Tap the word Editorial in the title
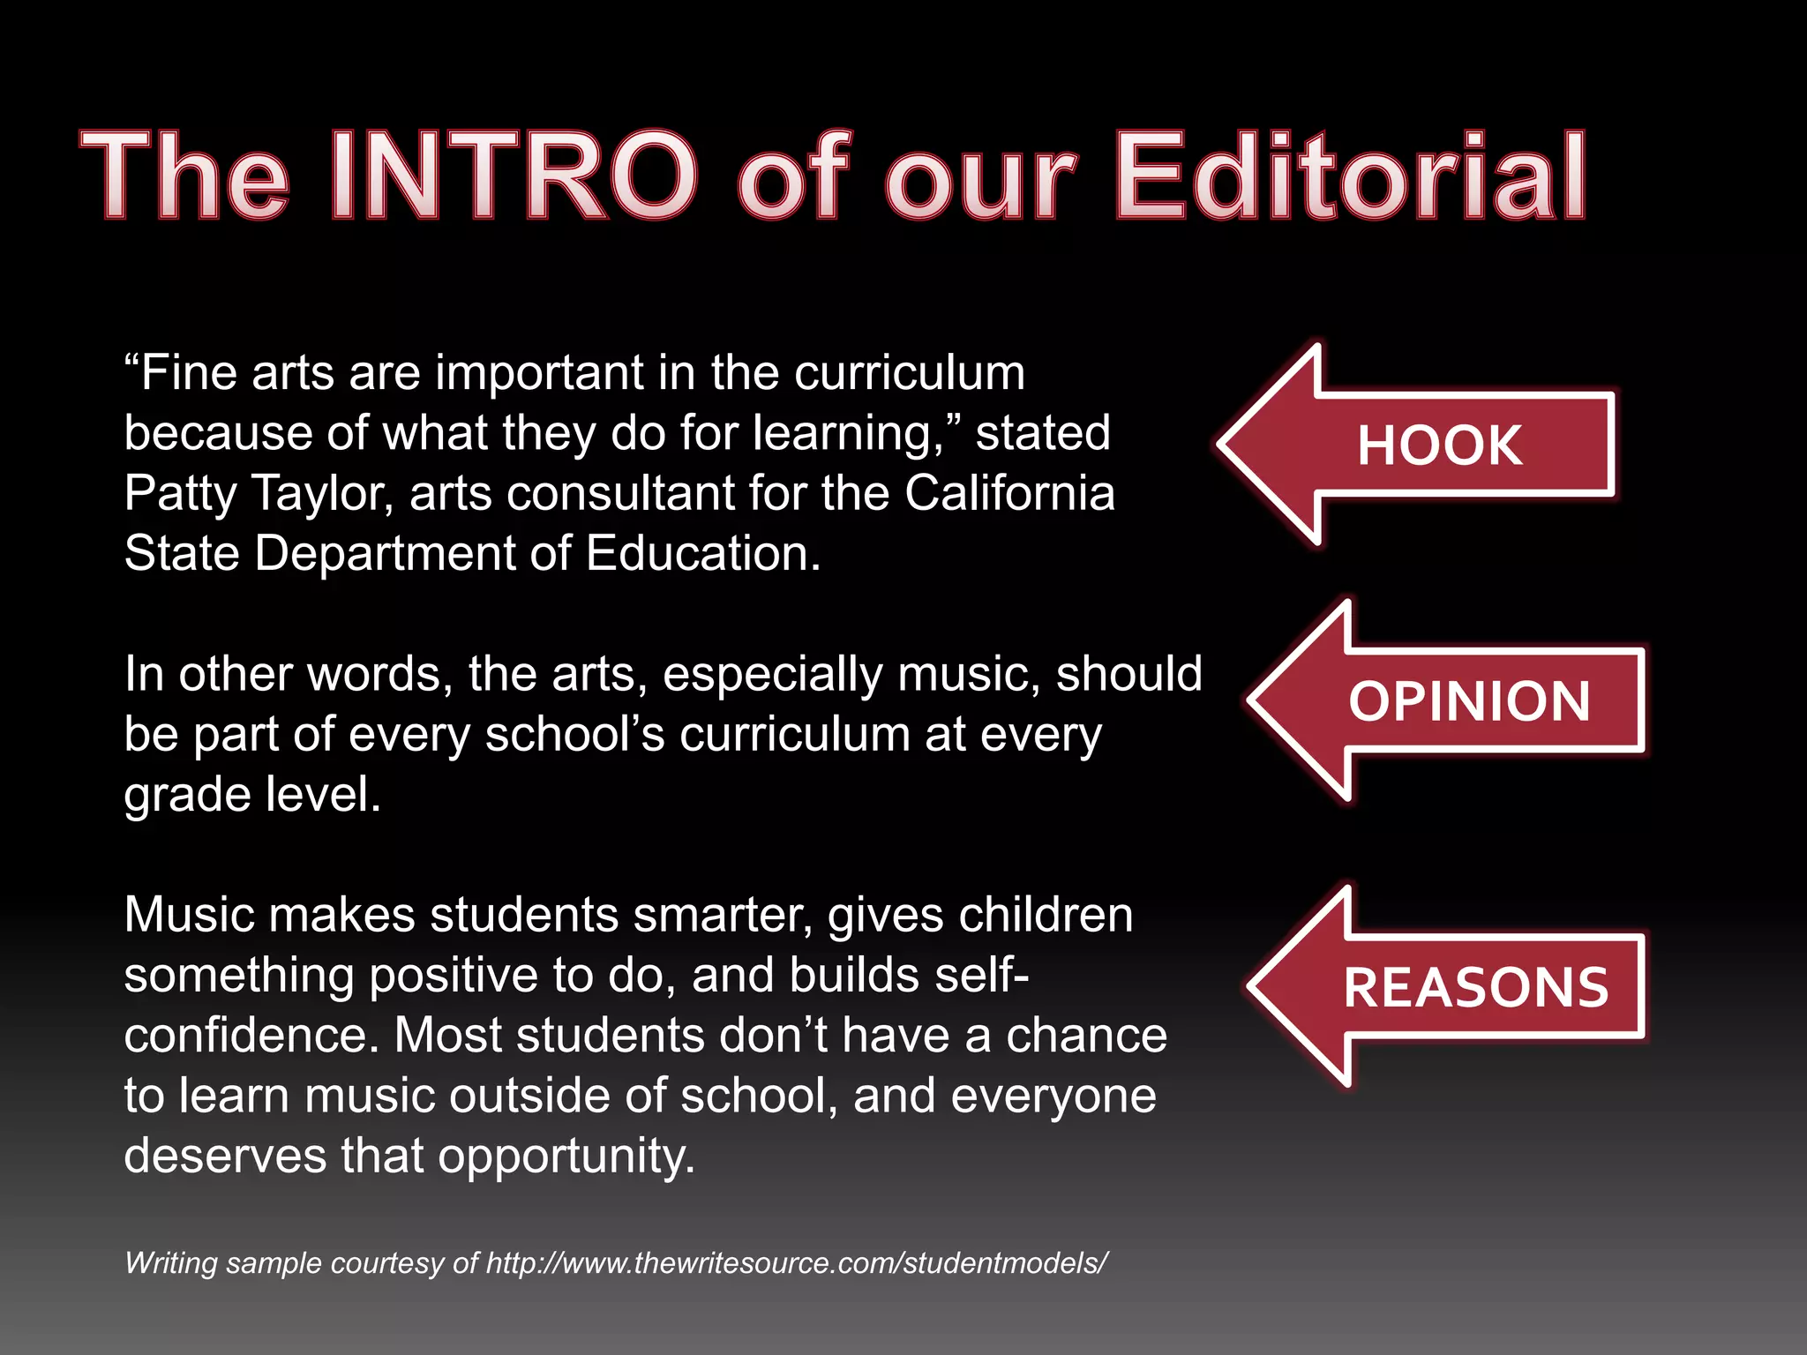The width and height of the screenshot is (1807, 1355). [1351, 176]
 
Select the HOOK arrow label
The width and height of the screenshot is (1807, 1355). [1439, 445]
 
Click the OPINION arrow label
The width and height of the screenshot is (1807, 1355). [1469, 701]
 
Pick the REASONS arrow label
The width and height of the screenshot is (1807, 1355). [1476, 987]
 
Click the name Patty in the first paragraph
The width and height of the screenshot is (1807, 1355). [180, 494]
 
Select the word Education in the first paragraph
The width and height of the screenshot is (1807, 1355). [702, 554]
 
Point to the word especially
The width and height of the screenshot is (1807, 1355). [772, 675]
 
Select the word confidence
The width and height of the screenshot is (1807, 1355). [251, 1036]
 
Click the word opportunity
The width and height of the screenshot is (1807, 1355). [566, 1157]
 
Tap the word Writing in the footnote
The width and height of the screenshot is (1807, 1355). [171, 1263]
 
